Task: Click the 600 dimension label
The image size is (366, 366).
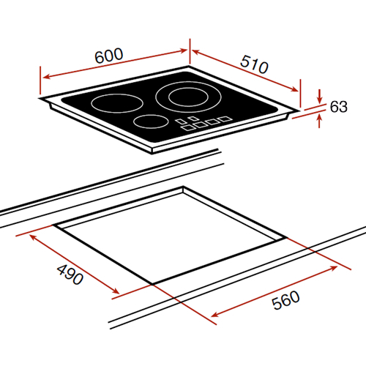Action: [x=109, y=56]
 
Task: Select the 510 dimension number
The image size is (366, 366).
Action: [x=254, y=64]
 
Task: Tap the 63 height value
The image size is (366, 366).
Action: [x=338, y=107]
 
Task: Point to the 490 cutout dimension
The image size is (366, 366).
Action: [x=70, y=274]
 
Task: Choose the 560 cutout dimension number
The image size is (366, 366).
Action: [x=285, y=300]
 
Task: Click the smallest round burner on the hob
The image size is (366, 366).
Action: [x=151, y=122]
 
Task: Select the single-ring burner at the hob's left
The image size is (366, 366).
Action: [x=117, y=103]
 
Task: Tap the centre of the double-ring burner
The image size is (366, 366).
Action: [x=188, y=97]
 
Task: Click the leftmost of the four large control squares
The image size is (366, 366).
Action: [x=187, y=127]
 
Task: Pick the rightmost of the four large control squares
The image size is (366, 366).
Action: [x=225, y=119]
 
